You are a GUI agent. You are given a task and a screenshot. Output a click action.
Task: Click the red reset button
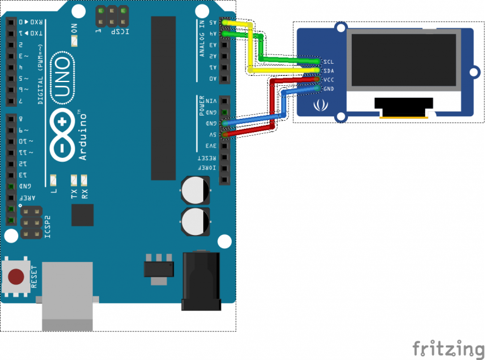coord(17,276)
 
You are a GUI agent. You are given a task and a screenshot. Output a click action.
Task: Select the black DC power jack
coord(201,281)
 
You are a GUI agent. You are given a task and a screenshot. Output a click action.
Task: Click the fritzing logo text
coord(448,348)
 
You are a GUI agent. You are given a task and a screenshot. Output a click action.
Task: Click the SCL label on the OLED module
coord(328,61)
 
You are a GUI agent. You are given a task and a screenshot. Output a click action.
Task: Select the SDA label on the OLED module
coord(328,71)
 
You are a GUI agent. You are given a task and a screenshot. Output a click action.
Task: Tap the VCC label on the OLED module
coord(328,80)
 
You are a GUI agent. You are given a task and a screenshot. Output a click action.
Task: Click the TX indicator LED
coord(74,179)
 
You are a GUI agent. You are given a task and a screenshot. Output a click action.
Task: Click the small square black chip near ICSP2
coord(83,215)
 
